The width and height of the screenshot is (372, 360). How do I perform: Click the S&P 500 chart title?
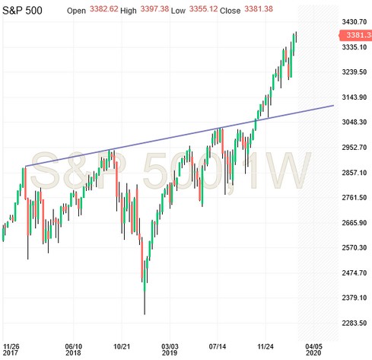pyautogui.click(x=27, y=12)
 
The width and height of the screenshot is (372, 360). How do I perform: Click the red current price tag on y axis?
pyautogui.click(x=355, y=35)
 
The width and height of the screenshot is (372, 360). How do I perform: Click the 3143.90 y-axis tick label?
pyautogui.click(x=355, y=97)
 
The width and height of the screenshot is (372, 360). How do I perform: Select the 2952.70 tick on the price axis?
pyautogui.click(x=355, y=148)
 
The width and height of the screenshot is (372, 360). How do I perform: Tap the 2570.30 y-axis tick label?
pyautogui.click(x=355, y=248)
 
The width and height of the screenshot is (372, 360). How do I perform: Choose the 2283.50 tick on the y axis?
pyautogui.click(x=355, y=323)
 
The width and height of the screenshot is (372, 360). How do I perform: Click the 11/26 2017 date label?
pyautogui.click(x=12, y=349)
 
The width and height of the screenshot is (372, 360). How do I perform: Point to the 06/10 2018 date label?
pyautogui.click(x=74, y=349)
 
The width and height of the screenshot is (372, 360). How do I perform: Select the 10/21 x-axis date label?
pyautogui.click(x=122, y=344)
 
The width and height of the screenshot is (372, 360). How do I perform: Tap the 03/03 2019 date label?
pyautogui.click(x=170, y=349)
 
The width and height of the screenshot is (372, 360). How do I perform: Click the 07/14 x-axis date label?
pyautogui.click(x=218, y=344)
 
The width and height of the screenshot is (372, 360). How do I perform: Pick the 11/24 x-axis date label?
pyautogui.click(x=266, y=344)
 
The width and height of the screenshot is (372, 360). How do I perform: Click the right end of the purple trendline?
pyautogui.click(x=334, y=106)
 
